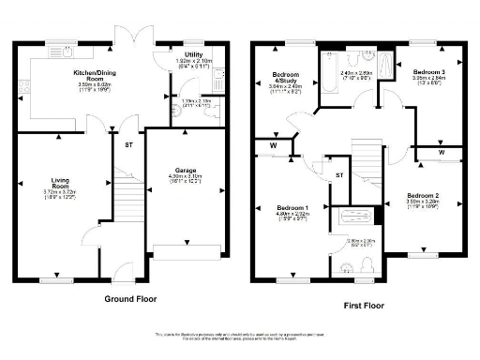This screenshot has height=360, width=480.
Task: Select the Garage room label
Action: (185, 171)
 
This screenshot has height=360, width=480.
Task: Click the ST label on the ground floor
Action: (128, 145)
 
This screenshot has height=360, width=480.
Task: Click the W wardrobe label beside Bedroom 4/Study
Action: (272, 145)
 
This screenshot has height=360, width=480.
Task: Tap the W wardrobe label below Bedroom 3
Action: (441, 151)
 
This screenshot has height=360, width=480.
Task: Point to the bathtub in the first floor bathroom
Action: (358, 218)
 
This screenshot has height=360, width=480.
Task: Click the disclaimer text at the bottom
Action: (240, 337)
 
